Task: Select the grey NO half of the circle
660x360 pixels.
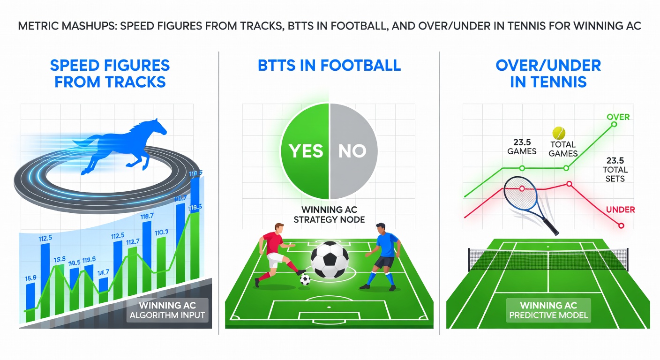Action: pos(352,150)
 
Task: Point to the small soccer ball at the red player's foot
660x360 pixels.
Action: pos(305,280)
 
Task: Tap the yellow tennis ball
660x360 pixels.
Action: pos(559,132)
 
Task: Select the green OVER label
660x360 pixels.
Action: pos(618,117)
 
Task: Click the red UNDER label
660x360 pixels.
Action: pos(620,210)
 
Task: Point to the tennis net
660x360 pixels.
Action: pos(548,259)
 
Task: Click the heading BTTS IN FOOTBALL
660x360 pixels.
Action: pos(329,65)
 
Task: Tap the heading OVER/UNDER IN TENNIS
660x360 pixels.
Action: pos(548,73)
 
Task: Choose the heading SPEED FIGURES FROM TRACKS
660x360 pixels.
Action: pos(110,73)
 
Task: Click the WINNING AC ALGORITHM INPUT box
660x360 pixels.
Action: pos(167,310)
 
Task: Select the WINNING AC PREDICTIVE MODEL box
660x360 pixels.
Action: pos(548,310)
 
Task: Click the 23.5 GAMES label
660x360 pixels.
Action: pos(522,146)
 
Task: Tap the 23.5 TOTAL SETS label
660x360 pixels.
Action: pos(615,170)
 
